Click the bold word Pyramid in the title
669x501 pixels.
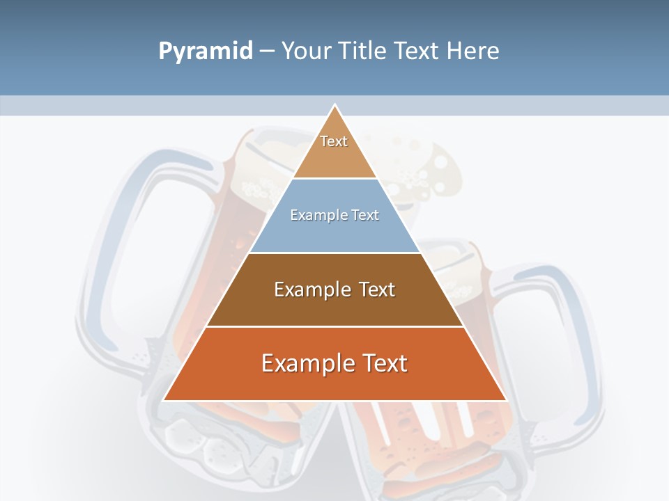point(206,51)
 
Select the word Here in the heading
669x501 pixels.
point(472,51)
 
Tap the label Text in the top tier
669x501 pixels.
point(334,141)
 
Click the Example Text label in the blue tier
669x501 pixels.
point(334,215)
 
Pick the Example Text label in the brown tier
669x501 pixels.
point(334,289)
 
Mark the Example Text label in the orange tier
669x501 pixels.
point(334,363)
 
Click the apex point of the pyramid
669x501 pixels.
point(335,106)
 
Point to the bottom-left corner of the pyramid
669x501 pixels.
point(164,399)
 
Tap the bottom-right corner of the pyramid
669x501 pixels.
point(505,399)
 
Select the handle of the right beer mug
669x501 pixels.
point(557,327)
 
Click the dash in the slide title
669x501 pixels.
point(267,51)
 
